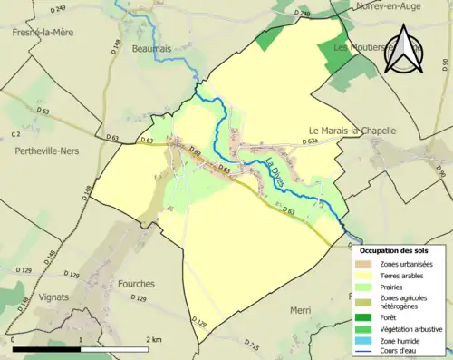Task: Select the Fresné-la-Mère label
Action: pos(43,32)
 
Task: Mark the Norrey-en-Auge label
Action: pos(390,5)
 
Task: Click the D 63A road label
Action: pos(309,142)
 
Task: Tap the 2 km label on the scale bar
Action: pos(156,339)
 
